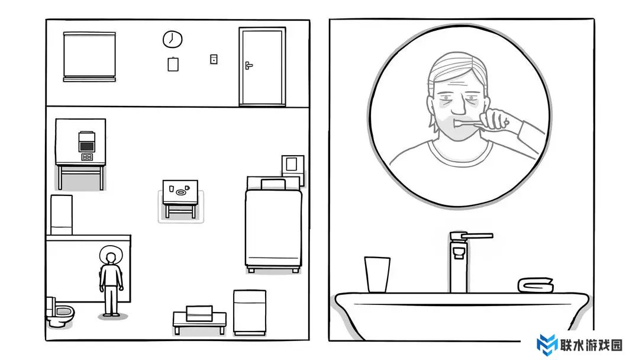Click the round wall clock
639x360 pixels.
coord(172,39)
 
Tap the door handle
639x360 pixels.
coord(248,65)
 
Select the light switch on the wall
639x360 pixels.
coord(214,59)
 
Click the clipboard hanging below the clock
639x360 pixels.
coord(173,64)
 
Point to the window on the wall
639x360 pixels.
coord(89,56)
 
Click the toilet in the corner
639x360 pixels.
coord(60,312)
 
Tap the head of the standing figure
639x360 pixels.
coord(111,258)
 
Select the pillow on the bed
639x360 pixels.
coord(273,184)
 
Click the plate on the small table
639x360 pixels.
coord(180,192)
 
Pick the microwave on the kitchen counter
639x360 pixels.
coord(86,142)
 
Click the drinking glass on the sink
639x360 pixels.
coord(377,274)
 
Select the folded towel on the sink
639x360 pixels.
coord(535,285)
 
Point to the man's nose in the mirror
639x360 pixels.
coord(458,106)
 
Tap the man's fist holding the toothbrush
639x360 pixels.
coord(496,120)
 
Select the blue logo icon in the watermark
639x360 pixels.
coord(547,344)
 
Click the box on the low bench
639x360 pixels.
coord(199,313)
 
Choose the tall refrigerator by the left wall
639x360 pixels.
coord(62,215)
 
